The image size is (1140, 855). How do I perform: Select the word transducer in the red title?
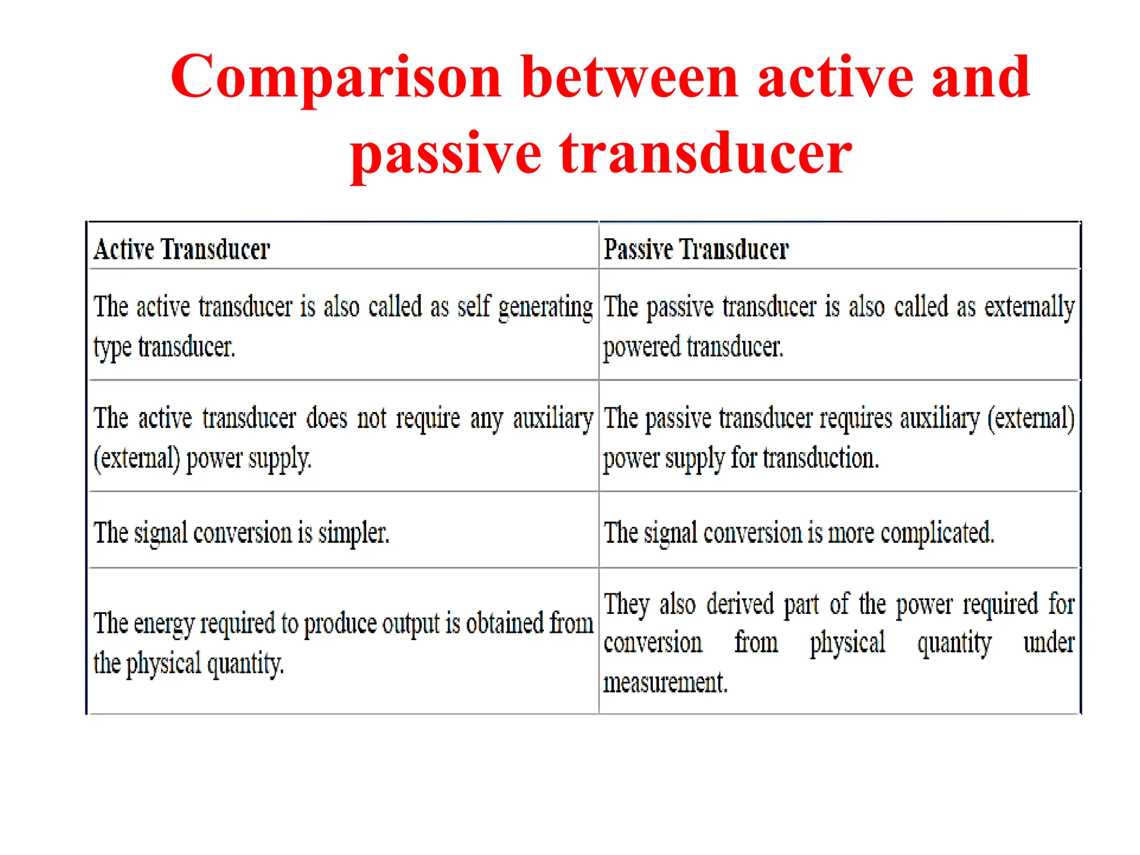(705, 153)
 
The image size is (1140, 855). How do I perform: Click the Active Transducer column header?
(181, 249)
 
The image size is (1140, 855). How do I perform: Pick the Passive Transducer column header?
(696, 249)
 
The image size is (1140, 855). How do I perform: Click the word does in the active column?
(327, 418)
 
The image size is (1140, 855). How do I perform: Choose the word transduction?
(820, 459)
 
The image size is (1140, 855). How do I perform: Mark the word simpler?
(353, 533)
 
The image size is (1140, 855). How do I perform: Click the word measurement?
(665, 682)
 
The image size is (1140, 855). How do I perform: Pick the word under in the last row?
(1049, 643)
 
